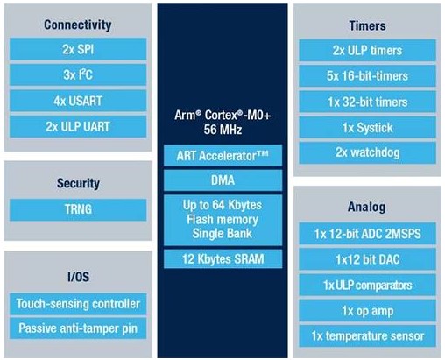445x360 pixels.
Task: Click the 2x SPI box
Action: (78, 49)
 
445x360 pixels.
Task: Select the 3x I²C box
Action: (78, 74)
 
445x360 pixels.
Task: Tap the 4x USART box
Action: (78, 101)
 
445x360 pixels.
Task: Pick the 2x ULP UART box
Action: (78, 126)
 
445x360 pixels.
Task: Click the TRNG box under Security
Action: (78, 209)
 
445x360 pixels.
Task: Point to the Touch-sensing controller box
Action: (78, 304)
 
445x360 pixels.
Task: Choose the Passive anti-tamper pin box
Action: (78, 328)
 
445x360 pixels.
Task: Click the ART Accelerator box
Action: (222, 155)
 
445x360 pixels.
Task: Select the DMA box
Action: (222, 180)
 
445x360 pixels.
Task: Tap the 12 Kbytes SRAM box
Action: (222, 259)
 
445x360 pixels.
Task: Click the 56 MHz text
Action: (222, 130)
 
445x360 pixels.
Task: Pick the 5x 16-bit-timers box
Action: (367, 76)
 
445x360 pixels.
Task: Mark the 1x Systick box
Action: (367, 128)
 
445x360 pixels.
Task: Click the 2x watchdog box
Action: (367, 152)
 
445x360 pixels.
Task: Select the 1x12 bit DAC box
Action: (367, 259)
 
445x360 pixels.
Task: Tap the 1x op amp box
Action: (367, 311)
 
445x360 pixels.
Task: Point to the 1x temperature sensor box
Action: (367, 336)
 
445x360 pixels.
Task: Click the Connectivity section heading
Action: (78, 25)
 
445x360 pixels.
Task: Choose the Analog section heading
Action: (366, 207)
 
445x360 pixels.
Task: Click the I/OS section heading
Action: (78, 277)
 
